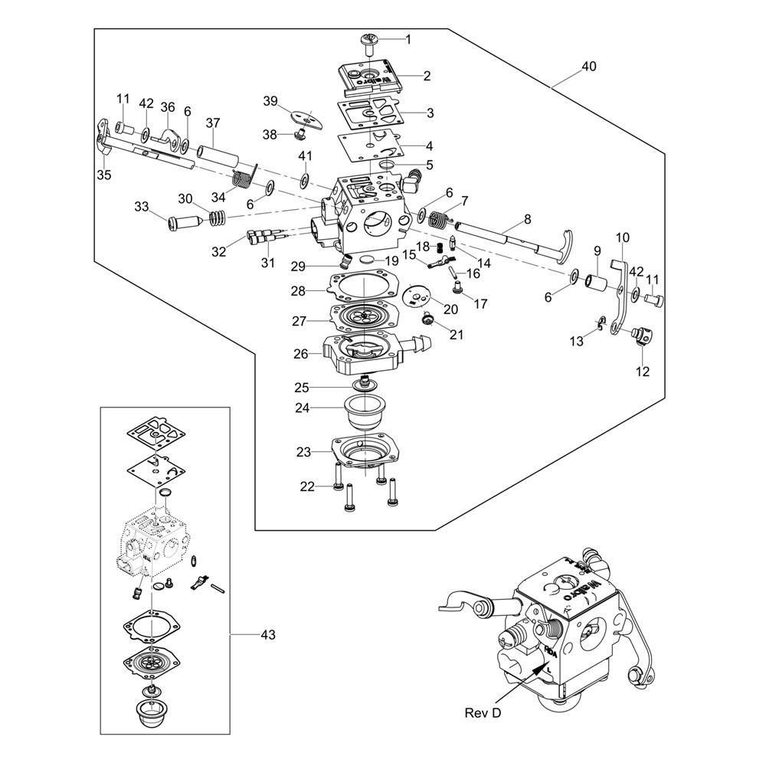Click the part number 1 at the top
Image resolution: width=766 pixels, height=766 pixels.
(408, 39)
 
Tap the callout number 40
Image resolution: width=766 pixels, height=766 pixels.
(588, 67)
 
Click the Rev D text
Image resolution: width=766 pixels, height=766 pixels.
(483, 712)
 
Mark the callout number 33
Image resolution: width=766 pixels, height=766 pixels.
(142, 206)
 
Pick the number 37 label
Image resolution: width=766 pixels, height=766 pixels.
(212, 123)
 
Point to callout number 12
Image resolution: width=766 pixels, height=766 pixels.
(642, 372)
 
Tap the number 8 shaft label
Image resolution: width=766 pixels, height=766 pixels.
(527, 220)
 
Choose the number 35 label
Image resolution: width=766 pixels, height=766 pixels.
(103, 175)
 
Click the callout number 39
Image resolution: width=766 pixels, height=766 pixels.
(270, 101)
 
